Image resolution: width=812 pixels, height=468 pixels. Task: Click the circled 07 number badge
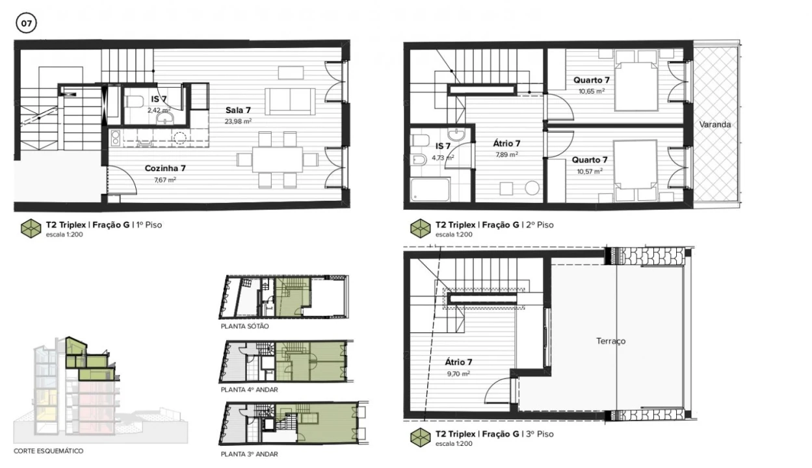tap(26, 23)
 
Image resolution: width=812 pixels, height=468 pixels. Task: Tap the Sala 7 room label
tap(238, 110)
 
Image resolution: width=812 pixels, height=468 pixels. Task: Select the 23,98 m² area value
tap(238, 122)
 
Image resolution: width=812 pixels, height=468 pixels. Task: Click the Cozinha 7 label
tap(165, 168)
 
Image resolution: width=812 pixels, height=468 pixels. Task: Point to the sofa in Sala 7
tap(290, 101)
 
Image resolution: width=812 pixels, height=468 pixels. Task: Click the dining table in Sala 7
tap(278, 159)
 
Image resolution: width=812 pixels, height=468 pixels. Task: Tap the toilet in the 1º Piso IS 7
tap(134, 101)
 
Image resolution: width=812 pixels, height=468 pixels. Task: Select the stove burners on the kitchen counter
tap(115, 137)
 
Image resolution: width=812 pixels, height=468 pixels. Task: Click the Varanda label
tap(715, 124)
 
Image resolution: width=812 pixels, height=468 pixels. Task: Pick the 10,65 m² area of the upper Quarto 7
tap(591, 91)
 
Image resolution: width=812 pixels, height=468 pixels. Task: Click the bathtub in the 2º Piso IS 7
tap(430, 189)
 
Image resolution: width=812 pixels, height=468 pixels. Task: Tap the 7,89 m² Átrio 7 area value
tap(506, 155)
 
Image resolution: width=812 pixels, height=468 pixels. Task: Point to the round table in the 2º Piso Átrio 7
tap(532, 188)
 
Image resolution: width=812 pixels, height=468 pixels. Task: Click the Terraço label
tap(611, 341)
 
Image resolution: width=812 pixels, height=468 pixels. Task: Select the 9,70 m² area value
tap(458, 373)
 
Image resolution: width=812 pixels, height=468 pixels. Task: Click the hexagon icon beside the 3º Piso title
tap(420, 437)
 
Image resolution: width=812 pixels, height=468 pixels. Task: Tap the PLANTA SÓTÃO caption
tap(244, 326)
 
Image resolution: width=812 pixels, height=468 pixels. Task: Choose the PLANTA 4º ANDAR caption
tap(249, 390)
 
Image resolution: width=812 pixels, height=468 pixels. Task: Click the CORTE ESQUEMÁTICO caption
tap(49, 451)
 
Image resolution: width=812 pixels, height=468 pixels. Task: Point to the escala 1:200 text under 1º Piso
tap(64, 235)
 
